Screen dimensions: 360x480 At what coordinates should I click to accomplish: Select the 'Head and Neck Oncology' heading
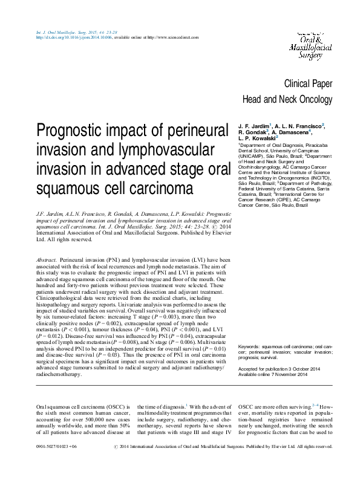pos(287,100)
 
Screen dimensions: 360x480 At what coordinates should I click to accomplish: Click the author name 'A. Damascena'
pos(292,132)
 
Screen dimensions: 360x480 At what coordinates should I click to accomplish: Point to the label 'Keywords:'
pos(250,346)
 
